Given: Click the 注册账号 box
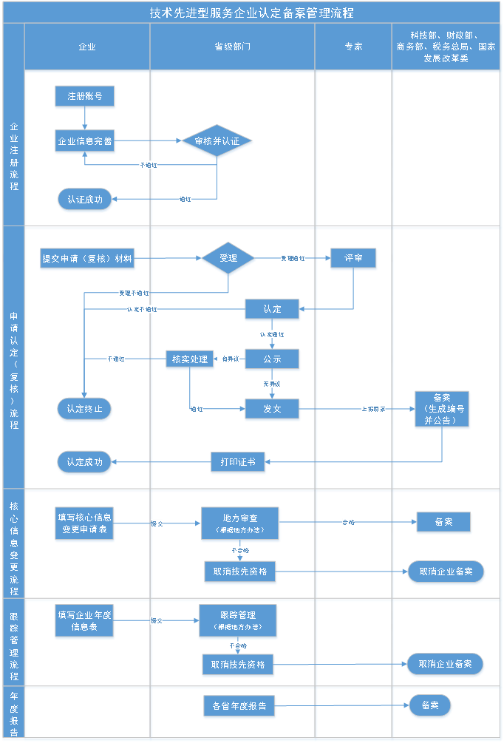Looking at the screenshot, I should (x=85, y=97).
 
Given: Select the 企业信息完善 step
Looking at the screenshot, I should (x=85, y=140).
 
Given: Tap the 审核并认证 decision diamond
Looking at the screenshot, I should (x=217, y=141).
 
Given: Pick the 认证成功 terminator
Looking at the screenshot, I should (x=85, y=199).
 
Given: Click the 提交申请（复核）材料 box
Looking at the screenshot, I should (x=87, y=259).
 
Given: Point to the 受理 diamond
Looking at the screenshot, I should (x=228, y=258).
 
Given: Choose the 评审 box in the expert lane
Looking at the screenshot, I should (x=353, y=259).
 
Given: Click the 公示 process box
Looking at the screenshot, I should (x=272, y=359).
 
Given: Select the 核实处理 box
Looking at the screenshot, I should (x=190, y=359).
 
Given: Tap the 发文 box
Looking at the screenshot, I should (x=272, y=409).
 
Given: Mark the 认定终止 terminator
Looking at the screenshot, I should (x=85, y=409).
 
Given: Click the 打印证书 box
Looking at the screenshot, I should (x=237, y=462).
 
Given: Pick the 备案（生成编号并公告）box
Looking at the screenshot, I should (x=442, y=409).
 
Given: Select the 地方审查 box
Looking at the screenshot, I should (x=239, y=523).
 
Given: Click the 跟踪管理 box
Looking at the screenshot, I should (x=238, y=620).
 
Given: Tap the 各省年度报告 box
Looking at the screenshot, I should (x=239, y=706).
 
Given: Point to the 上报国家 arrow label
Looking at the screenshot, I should (x=373, y=409).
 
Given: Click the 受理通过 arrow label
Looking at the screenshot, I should (x=293, y=259).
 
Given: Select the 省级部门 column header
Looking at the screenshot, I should (x=232, y=46).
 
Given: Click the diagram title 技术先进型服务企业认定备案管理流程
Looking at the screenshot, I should (x=251, y=13).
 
